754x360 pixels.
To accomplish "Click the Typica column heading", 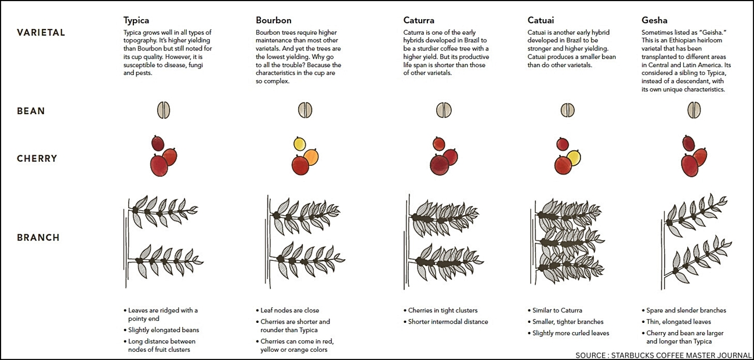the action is point(136,20).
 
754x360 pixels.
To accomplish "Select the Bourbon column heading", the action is point(273,20).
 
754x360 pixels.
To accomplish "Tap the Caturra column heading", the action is point(419,20).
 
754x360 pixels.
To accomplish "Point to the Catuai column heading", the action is point(541,20).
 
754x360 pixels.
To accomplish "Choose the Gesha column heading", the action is point(654,20).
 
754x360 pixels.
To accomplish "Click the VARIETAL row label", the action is point(41,32).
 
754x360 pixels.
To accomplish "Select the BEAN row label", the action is point(31,111).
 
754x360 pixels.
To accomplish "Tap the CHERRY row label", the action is point(37,158).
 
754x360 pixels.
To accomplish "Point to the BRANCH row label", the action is point(38,238).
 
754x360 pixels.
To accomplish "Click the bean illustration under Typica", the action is point(164,110).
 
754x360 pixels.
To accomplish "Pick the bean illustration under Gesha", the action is point(694,110).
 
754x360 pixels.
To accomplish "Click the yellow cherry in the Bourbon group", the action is point(300,144).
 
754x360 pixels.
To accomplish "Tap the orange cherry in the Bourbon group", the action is point(311,157).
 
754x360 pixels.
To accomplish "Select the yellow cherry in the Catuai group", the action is point(574,158).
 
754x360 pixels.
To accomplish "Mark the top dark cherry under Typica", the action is point(158,143).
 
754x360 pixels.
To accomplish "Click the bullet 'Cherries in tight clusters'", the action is point(441,311).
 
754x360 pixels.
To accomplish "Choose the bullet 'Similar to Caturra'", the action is point(555,311).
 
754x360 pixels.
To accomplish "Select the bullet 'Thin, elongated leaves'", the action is point(676,322).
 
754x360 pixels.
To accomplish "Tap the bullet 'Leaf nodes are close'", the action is point(288,311).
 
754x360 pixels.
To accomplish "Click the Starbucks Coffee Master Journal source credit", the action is point(664,355).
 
